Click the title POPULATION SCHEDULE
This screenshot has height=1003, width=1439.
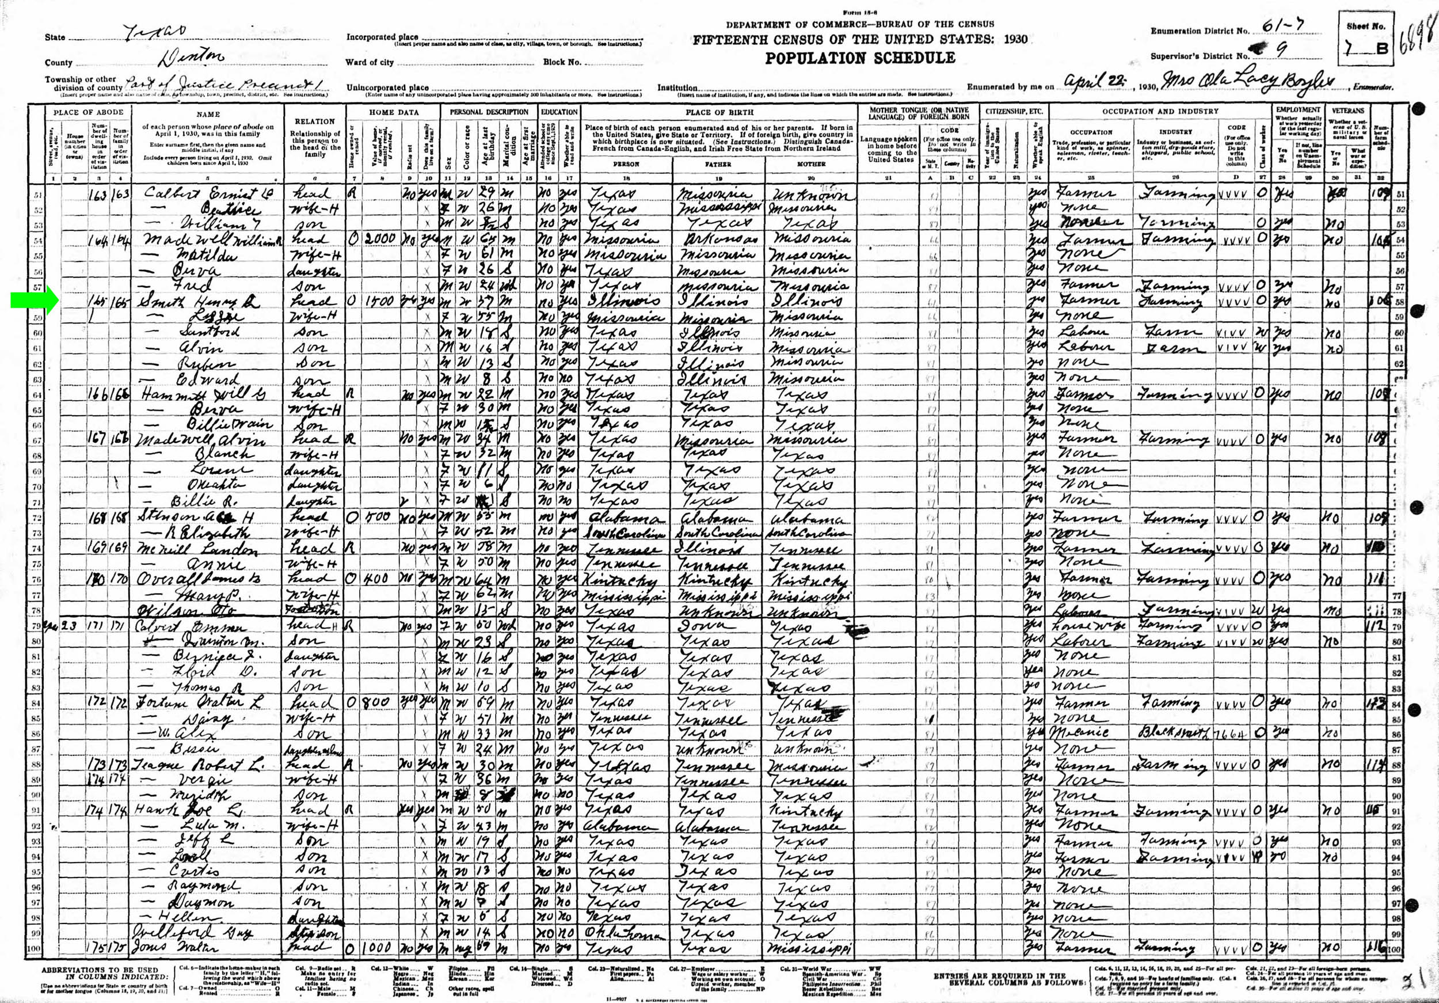859,58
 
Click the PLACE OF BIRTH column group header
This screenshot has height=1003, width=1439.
718,112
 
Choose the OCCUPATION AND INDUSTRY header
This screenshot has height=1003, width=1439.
1160,112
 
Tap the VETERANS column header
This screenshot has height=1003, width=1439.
1347,111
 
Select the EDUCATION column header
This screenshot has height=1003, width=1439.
559,112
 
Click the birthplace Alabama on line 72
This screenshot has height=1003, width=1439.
623,518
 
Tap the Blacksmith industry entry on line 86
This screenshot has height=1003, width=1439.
1174,732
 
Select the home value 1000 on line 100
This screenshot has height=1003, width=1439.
377,948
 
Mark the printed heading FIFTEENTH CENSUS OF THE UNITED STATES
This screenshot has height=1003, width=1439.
859,40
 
